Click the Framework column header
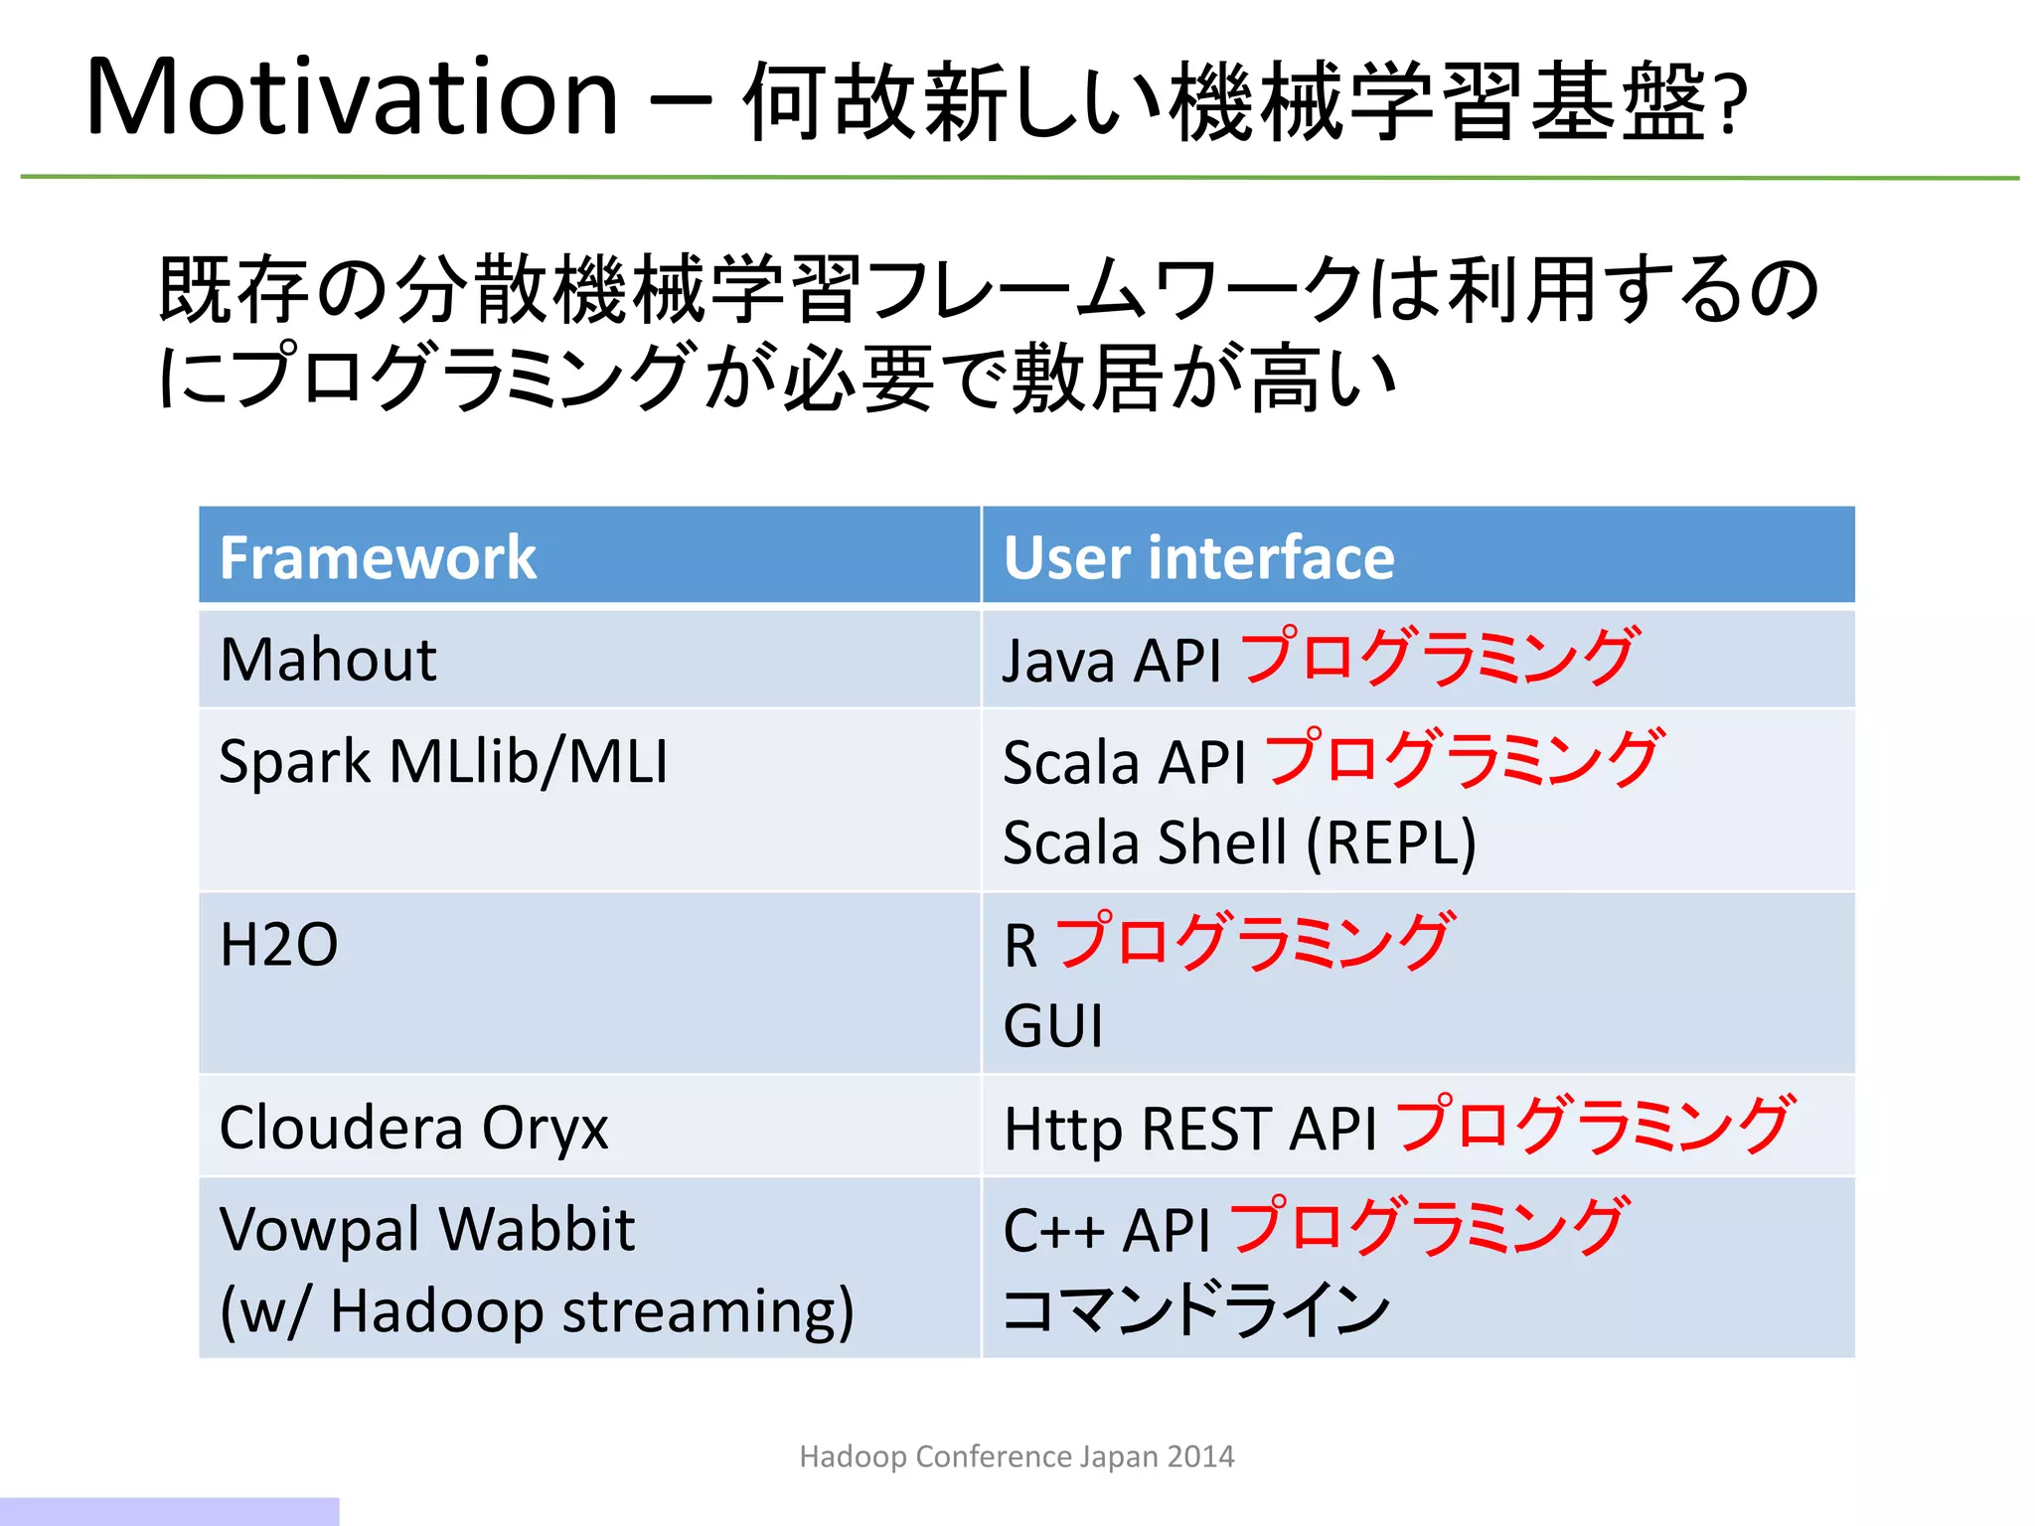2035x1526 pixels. click(378, 557)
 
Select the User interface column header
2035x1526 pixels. click(1198, 557)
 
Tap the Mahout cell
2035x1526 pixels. click(328, 660)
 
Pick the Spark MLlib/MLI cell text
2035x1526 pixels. click(443, 762)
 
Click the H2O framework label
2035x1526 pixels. click(278, 945)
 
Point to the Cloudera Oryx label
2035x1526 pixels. click(413, 1128)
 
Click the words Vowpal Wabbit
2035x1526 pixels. click(427, 1229)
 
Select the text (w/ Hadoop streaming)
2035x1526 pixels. click(537, 1310)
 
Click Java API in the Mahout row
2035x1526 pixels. click(1111, 662)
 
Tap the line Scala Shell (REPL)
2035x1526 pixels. click(1239, 843)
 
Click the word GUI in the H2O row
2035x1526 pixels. click(1053, 1026)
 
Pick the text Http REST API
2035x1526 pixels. click(1190, 1130)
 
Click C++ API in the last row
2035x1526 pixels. click(1106, 1231)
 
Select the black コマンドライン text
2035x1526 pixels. click(1196, 1310)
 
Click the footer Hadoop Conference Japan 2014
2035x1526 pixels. click(1017, 1456)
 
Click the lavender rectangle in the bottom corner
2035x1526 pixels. click(169, 1511)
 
